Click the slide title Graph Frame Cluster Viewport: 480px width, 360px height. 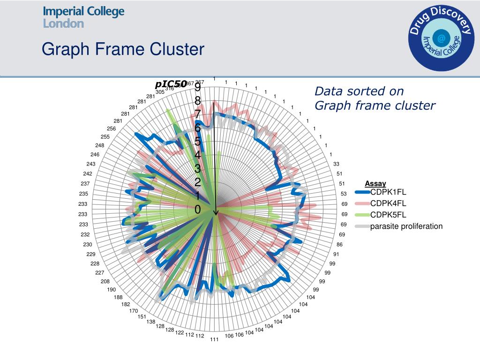point(123,49)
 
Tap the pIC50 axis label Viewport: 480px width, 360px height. point(171,84)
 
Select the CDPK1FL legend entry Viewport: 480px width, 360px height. point(388,192)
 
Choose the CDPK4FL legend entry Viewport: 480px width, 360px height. point(388,203)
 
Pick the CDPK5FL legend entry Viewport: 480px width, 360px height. point(388,215)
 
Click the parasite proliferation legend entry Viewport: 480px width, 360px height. point(406,227)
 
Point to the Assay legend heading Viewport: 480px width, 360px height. point(375,184)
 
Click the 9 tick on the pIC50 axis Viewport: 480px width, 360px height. point(198,88)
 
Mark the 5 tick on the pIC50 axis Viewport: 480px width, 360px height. point(198,142)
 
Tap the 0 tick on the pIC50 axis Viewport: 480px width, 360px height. point(198,210)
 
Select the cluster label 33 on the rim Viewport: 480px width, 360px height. point(336,164)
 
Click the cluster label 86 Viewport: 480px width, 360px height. point(339,245)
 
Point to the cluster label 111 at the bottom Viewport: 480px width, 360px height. point(214,339)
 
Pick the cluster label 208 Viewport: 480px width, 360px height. point(105,281)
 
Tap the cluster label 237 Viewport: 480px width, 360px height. point(85,184)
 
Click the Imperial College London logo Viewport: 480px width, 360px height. point(83,17)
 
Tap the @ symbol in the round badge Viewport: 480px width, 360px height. point(441,38)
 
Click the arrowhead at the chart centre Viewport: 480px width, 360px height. point(216,213)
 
